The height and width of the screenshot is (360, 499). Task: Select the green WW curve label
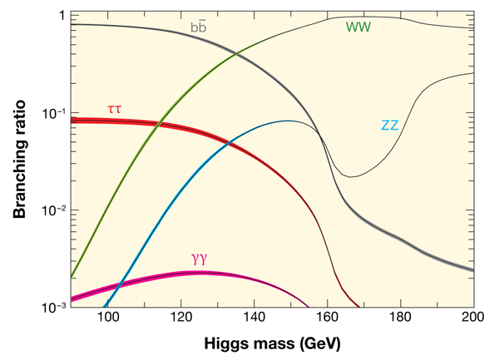[x=358, y=27]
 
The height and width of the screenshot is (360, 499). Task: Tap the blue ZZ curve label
[x=391, y=126]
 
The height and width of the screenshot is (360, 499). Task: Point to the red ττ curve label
[x=116, y=109]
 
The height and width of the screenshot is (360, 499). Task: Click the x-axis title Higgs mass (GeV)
[x=271, y=343]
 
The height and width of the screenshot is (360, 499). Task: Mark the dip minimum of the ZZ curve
[x=353, y=176]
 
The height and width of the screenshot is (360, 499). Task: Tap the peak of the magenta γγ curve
[x=200, y=273]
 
